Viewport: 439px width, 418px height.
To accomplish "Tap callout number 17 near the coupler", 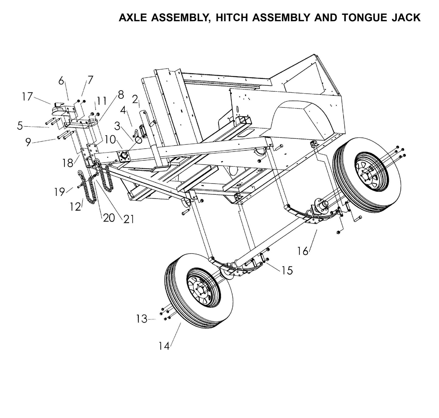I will [27, 97].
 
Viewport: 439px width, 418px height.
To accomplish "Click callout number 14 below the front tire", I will [164, 346].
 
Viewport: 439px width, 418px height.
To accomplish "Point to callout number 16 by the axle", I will [303, 251].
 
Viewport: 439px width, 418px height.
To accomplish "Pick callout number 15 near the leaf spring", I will [287, 270].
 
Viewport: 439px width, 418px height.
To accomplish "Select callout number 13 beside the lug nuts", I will [142, 319].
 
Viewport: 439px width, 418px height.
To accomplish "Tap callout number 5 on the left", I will [20, 125].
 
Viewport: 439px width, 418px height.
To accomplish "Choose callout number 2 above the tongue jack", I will [135, 99].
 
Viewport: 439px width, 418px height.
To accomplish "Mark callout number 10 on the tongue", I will [111, 139].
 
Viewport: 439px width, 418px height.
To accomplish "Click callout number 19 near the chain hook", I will [60, 192].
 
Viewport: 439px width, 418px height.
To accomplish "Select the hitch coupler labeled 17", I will [58, 109].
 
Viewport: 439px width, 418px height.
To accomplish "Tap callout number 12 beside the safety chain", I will [75, 207].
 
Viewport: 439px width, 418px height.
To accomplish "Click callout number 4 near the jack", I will [123, 110].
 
